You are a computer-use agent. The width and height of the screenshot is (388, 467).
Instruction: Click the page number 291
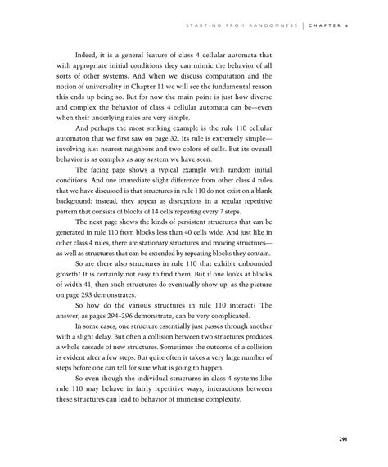pos(345,439)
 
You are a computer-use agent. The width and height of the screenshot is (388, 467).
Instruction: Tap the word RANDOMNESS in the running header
pos(268,25)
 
